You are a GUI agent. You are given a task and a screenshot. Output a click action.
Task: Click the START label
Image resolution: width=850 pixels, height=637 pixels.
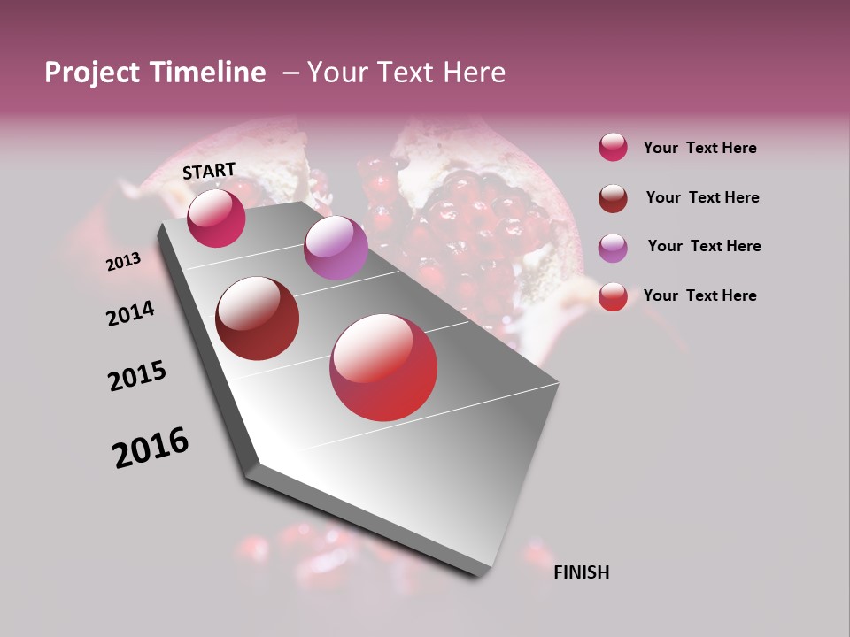[x=209, y=170]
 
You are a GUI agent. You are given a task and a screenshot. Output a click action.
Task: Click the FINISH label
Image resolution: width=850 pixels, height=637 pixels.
[x=581, y=572]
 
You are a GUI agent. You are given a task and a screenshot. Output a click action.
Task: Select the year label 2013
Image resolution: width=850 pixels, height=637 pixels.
[x=124, y=262]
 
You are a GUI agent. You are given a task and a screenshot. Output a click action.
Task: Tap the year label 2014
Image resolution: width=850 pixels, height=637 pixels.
[x=131, y=313]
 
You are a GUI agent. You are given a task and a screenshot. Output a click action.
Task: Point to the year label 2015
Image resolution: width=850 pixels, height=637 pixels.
[x=137, y=375]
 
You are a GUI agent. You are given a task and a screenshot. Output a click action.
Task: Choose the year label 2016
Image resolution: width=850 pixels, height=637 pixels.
[x=151, y=447]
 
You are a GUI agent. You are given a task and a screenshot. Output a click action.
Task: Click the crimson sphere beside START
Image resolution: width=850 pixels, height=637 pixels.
[x=216, y=218]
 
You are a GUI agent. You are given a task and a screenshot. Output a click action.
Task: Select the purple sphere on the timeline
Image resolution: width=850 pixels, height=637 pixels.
[x=336, y=248]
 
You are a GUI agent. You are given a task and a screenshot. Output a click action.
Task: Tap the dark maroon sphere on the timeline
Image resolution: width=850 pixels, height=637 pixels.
[x=258, y=318]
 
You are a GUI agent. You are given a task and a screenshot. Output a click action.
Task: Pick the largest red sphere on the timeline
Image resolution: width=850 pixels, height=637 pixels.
[x=383, y=367]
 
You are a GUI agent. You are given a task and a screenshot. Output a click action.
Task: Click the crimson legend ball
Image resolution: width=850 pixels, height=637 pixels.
[x=613, y=148]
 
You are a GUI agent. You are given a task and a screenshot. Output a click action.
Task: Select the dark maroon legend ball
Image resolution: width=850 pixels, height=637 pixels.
[x=613, y=198]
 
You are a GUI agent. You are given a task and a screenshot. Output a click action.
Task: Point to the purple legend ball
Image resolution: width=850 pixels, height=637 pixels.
[x=613, y=248]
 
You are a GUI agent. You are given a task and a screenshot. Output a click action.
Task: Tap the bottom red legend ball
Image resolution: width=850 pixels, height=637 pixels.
[x=613, y=296]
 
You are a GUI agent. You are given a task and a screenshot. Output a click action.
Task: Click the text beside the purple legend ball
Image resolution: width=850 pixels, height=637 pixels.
[x=704, y=246]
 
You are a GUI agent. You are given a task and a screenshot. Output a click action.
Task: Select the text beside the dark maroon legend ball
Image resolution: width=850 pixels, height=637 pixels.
[x=702, y=197]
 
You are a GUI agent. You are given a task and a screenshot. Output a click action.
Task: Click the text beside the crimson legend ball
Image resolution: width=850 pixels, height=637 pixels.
[x=699, y=148]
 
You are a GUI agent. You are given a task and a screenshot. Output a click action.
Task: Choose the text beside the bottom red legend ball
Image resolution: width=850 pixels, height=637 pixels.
[x=699, y=295]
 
